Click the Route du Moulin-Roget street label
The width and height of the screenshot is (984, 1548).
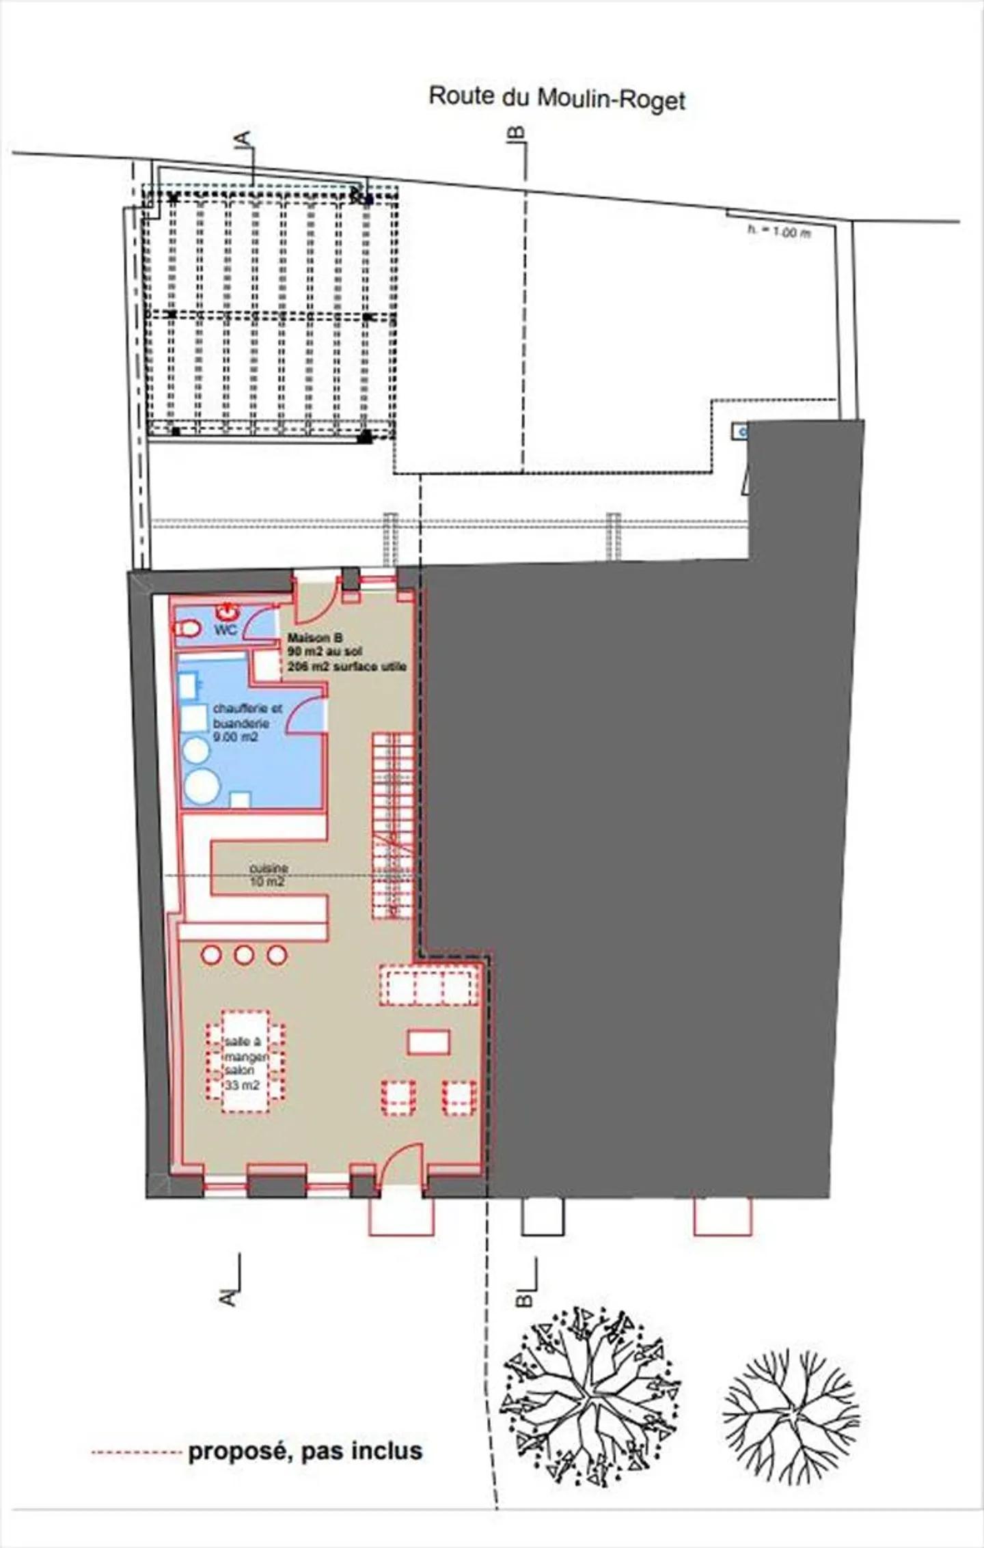click(556, 98)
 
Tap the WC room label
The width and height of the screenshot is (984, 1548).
click(225, 629)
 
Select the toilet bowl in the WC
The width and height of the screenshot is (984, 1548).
click(188, 628)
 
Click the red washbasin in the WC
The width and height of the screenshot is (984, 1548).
click(226, 611)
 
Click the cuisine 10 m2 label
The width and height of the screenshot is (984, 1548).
click(268, 875)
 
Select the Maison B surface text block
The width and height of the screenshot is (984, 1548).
click(346, 652)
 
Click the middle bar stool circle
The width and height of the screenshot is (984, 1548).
click(244, 954)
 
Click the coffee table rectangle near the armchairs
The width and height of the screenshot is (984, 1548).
click(428, 1042)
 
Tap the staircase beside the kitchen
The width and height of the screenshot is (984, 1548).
click(393, 827)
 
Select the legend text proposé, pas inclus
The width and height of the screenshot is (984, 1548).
click(305, 1451)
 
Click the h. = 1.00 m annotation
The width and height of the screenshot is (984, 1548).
click(778, 232)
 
